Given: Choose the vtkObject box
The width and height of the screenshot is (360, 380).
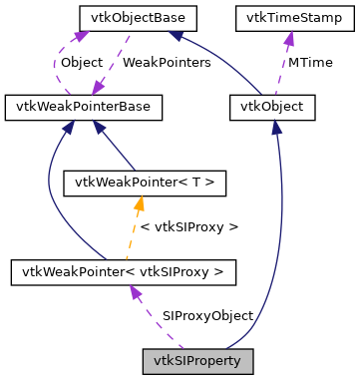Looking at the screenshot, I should (x=272, y=105).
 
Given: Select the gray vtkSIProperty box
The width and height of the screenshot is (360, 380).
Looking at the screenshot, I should (x=197, y=357).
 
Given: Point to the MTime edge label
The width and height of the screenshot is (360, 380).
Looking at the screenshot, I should (x=310, y=62).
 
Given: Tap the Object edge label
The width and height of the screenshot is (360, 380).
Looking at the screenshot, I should (x=83, y=62).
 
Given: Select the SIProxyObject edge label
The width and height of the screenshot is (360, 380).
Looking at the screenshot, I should (x=207, y=315).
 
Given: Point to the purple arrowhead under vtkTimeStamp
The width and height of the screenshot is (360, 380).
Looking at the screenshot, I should (x=288, y=38).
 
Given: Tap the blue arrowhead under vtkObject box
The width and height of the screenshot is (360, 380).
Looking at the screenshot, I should (x=276, y=125).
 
